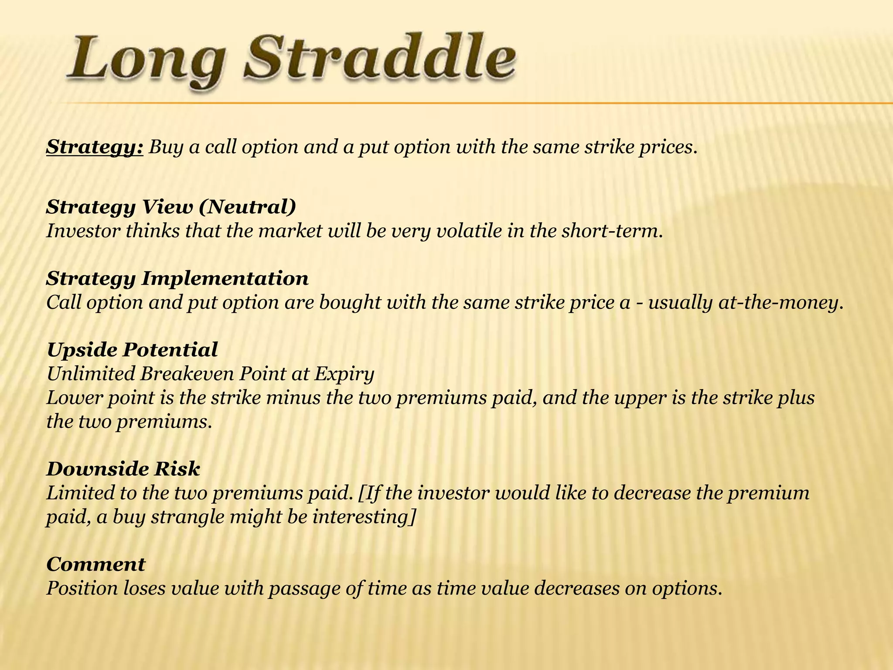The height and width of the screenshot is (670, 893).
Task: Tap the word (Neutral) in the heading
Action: pos(247,207)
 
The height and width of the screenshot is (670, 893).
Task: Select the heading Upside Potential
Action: pos(132,350)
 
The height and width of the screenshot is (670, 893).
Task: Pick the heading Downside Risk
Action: pos(123,469)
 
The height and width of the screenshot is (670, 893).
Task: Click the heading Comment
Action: pos(96,564)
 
